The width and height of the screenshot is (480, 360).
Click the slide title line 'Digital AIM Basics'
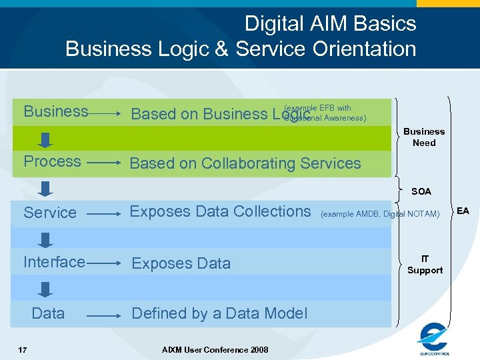point(330,24)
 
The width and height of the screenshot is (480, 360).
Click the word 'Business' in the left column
point(56,111)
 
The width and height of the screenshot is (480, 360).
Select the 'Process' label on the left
point(52,161)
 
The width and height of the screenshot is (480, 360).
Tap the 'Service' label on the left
point(50,213)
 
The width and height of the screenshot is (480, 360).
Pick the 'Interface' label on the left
point(54,262)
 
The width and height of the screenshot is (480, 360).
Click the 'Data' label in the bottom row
point(48,313)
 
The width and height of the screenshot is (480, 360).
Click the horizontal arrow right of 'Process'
point(104,162)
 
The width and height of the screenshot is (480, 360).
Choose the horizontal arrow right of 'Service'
point(104,213)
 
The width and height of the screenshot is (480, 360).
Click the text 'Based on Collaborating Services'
point(245,163)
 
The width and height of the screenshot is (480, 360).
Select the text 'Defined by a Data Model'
point(219,313)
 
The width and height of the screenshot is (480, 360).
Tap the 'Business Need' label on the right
point(424,137)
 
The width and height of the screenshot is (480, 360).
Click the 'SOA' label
point(421,191)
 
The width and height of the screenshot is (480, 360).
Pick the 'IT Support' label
point(425,265)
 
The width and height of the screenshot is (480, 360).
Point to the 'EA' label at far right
point(463,211)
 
